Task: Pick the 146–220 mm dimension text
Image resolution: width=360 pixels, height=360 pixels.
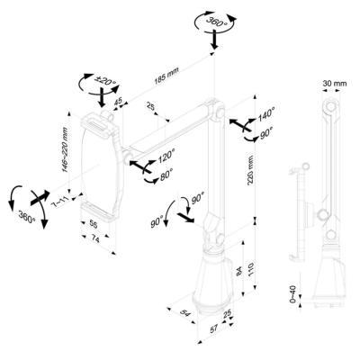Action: pyautogui.click(x=64, y=143)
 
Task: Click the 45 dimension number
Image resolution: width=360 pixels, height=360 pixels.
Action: pyautogui.click(x=118, y=102)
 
